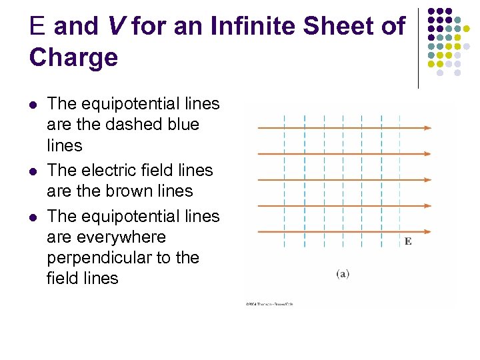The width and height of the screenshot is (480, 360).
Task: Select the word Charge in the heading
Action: (73, 58)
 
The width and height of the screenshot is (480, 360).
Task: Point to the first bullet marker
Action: (34, 105)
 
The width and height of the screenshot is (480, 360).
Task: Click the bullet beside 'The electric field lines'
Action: (34, 171)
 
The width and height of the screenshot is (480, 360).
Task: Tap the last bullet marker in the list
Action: (34, 217)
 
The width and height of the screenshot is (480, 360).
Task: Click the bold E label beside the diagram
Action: (407, 241)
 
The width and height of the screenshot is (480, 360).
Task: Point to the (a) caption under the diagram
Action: (343, 273)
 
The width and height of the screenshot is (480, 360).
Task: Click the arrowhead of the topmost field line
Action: (427, 128)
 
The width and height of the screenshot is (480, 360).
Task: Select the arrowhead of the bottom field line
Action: (427, 231)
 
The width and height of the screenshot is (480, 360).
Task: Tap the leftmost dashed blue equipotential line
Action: (285, 180)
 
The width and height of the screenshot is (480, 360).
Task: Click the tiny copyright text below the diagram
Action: (269, 304)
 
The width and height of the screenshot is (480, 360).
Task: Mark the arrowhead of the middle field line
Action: (427, 179)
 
